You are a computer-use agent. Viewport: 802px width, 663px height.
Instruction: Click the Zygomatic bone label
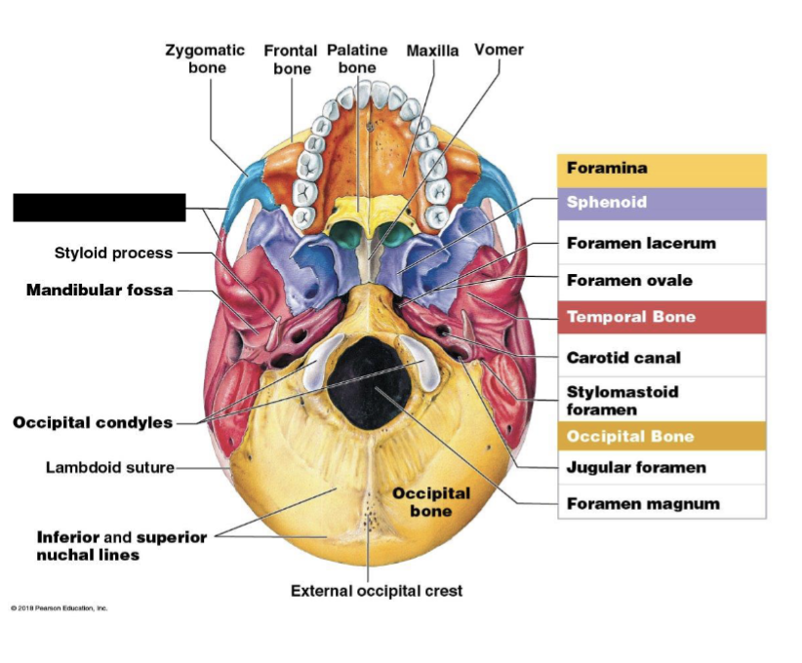pos(207,58)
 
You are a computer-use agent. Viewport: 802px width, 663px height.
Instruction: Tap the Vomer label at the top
pos(499,50)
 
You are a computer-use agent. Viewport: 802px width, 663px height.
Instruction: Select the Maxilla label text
pos(432,51)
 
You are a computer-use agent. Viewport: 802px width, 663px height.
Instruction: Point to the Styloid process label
pos(113,253)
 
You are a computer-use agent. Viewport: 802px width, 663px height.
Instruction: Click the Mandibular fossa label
pos(100,290)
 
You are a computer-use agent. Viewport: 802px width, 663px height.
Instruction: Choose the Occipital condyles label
pos(93,422)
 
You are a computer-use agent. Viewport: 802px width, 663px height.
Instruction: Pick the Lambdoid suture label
pos(110,467)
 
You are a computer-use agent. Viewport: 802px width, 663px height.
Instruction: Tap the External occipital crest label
pos(377,591)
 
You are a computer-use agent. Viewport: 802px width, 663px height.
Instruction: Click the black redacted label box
pos(99,208)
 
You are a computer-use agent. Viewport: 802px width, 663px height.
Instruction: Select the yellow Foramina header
pos(662,169)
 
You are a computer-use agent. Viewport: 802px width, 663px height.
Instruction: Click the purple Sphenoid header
pos(662,203)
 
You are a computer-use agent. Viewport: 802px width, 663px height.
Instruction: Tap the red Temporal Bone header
pos(662,317)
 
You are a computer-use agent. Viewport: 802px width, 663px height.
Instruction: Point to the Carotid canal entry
pos(623,358)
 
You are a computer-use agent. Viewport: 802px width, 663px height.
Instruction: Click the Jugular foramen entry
pos(636,468)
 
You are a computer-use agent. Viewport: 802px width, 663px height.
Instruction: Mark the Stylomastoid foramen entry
pos(622,401)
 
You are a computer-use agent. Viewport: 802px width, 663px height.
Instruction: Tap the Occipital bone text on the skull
pos(430,501)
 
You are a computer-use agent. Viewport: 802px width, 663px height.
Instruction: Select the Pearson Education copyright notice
pos(60,608)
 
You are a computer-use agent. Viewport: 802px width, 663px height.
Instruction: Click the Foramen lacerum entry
pos(641,243)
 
